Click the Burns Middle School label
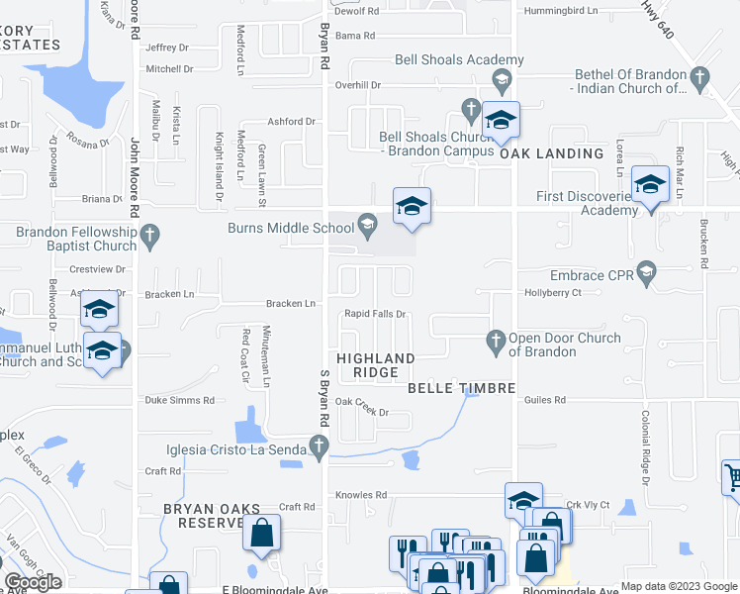tap(291, 228)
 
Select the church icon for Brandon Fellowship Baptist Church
tap(150, 235)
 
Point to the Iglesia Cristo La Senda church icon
tap(319, 450)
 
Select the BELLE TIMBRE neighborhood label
tap(462, 388)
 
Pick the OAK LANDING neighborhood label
tap(551, 153)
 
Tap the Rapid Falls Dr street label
tap(375, 315)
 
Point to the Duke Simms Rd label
tap(180, 400)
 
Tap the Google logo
tap(32, 582)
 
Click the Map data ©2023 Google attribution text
tap(679, 586)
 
